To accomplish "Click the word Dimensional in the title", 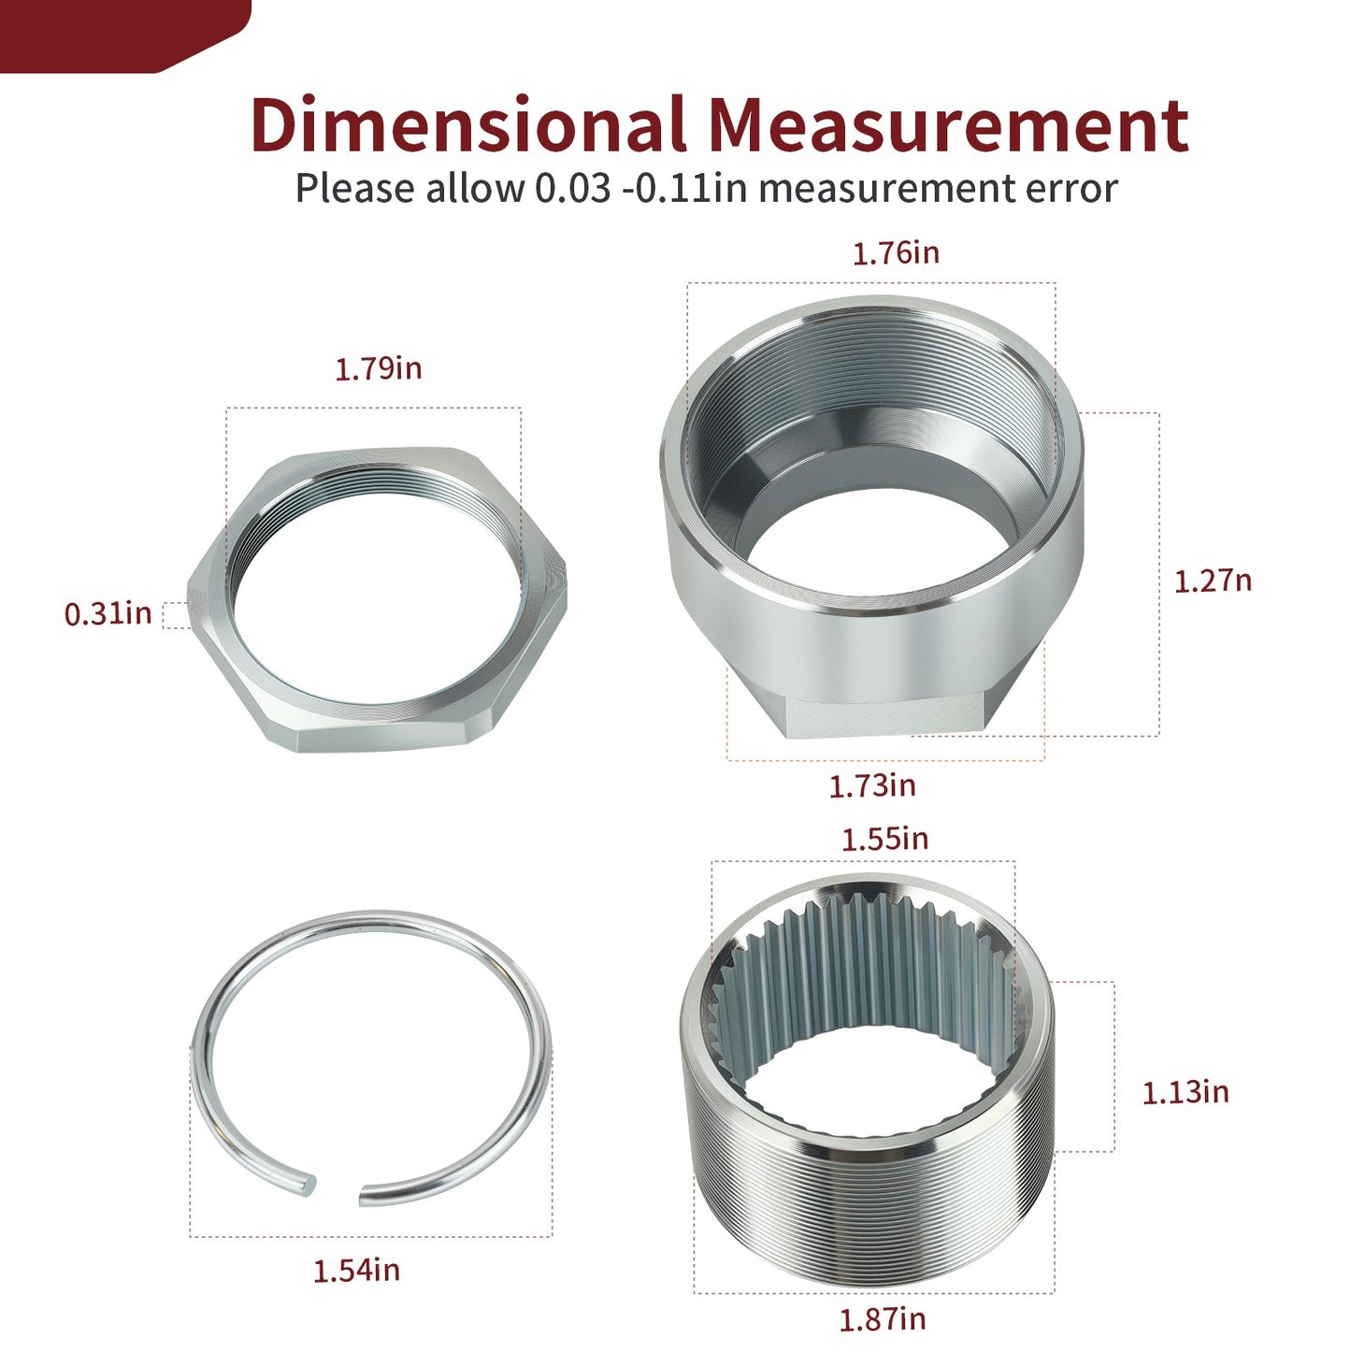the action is click(x=468, y=124).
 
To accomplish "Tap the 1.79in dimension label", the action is click(x=379, y=368).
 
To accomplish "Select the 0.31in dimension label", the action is click(x=108, y=613).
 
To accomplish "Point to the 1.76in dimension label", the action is click(x=896, y=253).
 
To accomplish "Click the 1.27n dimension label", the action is click(x=1213, y=582).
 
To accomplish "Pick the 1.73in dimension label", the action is click(x=872, y=786).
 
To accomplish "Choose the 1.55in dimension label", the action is click(x=884, y=840).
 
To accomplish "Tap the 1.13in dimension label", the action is click(x=1186, y=1093).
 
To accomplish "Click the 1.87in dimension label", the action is click(x=883, y=1319).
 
